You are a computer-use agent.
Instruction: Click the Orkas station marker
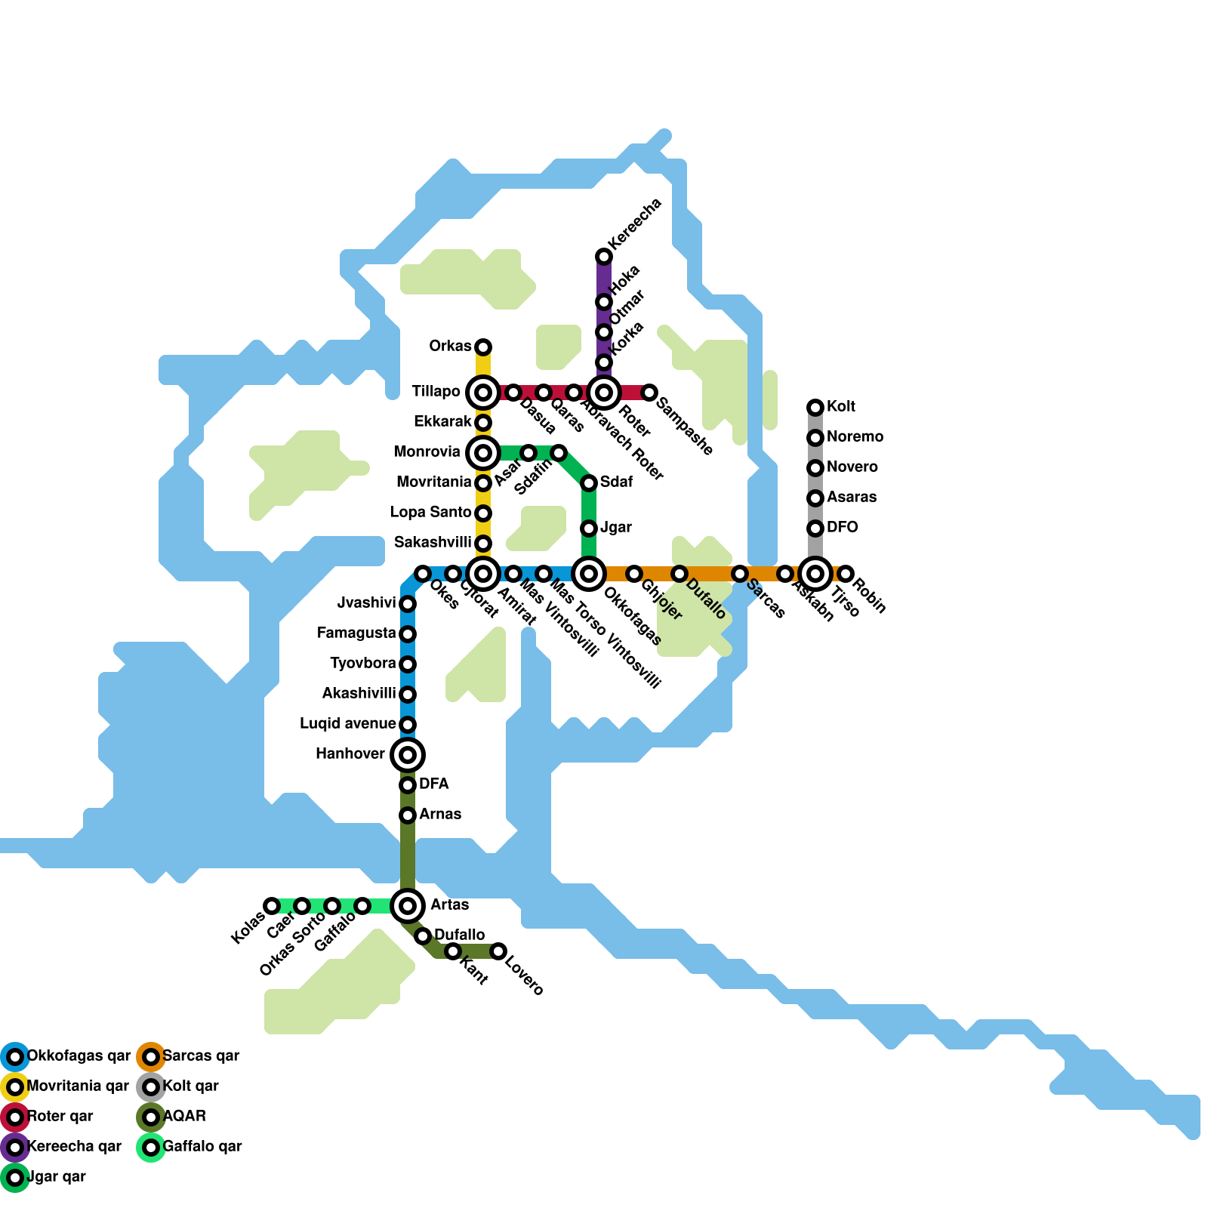pos(483,347)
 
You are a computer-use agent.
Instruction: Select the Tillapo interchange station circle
pos(483,393)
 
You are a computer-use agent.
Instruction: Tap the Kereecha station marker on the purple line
pos(604,257)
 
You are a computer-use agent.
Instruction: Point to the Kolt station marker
pos(815,408)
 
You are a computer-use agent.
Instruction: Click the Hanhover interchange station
pos(408,755)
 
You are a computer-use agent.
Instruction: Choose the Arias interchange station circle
pos(408,906)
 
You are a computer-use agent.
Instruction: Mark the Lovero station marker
pos(498,951)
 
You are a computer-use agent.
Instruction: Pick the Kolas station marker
pos(272,906)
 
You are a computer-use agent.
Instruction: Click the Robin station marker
pos(846,574)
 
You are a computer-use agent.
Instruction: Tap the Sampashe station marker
pos(649,393)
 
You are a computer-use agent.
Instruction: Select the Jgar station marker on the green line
pos(589,528)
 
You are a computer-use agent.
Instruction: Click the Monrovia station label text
pos(427,452)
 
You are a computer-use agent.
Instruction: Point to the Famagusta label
pos(356,633)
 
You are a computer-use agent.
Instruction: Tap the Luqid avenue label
pos(347,724)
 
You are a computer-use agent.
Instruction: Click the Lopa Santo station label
pos(430,513)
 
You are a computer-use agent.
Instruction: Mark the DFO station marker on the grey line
pos(815,528)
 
